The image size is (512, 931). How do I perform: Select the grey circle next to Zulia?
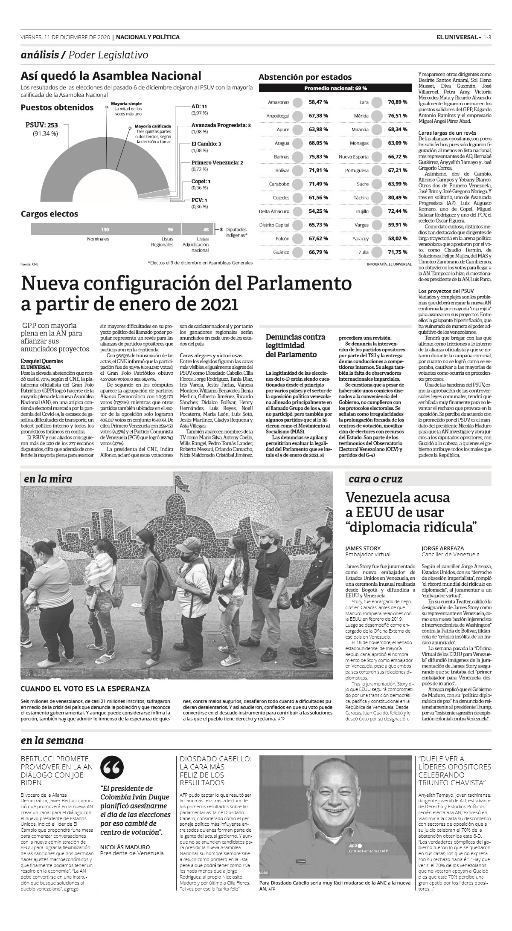(377, 252)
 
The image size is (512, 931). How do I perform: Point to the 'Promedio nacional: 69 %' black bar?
(335, 88)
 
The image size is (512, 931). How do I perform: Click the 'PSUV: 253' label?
(41, 125)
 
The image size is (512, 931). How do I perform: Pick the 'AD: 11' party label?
(199, 107)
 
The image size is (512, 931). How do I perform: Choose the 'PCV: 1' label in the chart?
(199, 200)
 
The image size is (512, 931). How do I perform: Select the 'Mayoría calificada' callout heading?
(153, 126)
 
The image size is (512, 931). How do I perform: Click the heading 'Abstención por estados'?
(305, 77)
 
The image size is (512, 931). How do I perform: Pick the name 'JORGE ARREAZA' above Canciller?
(442, 548)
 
